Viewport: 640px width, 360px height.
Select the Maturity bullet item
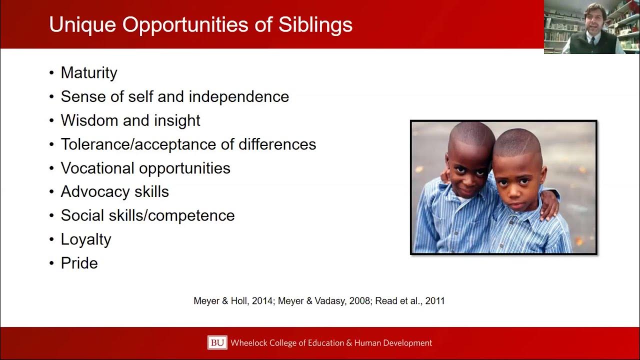point(89,73)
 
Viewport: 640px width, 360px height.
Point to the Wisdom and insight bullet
point(130,120)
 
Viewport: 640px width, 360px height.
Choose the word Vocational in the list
point(97,168)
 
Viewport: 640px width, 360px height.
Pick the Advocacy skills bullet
point(115,191)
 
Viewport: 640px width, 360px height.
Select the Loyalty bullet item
point(86,239)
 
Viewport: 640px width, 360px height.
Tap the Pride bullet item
point(79,263)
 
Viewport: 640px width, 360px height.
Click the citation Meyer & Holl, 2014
point(232,301)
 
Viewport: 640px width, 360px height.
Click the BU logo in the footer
point(217,343)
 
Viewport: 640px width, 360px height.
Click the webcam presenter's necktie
point(591,42)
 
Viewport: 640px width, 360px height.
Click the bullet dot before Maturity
point(51,73)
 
